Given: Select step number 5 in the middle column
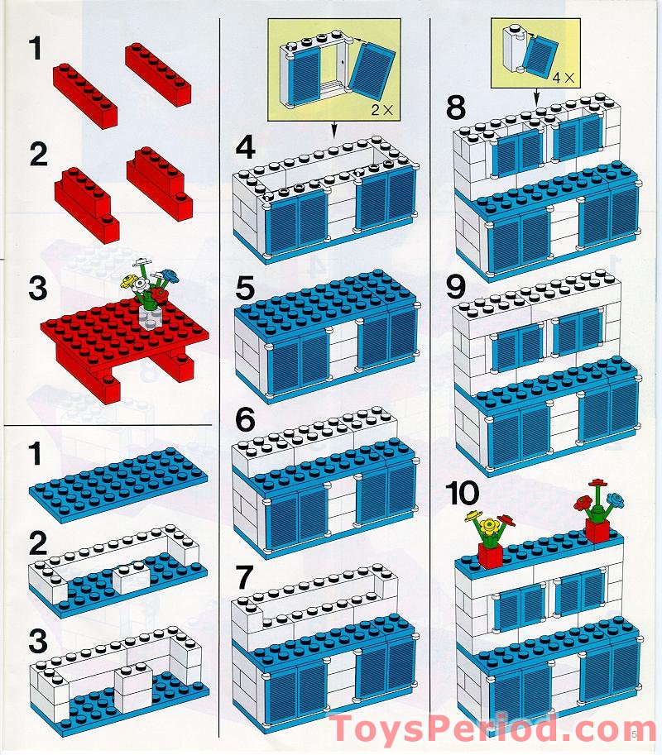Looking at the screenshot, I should point(245,290).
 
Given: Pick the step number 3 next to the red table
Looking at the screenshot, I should point(36,289).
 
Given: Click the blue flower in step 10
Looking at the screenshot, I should point(615,498).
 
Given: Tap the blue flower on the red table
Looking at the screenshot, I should point(170,275).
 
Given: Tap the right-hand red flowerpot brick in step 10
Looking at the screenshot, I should point(597,528).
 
